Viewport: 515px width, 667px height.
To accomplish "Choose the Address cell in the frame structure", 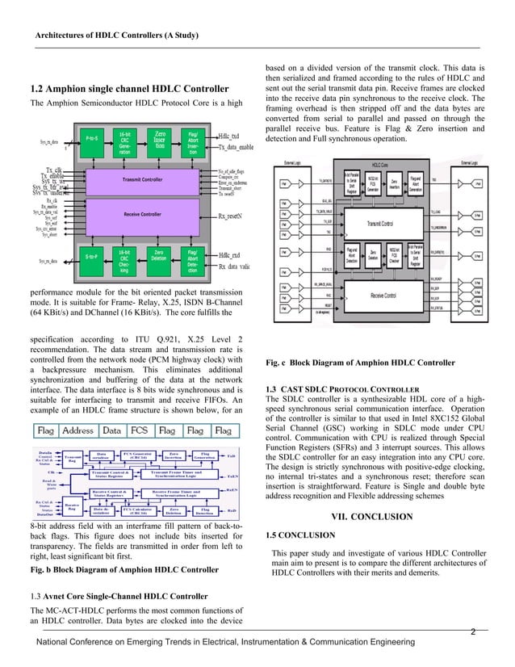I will (77, 431).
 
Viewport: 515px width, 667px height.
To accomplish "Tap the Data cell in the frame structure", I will (113, 431).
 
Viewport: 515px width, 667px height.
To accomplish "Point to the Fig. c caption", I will (360, 362).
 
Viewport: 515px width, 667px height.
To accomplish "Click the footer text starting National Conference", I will (221, 642).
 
